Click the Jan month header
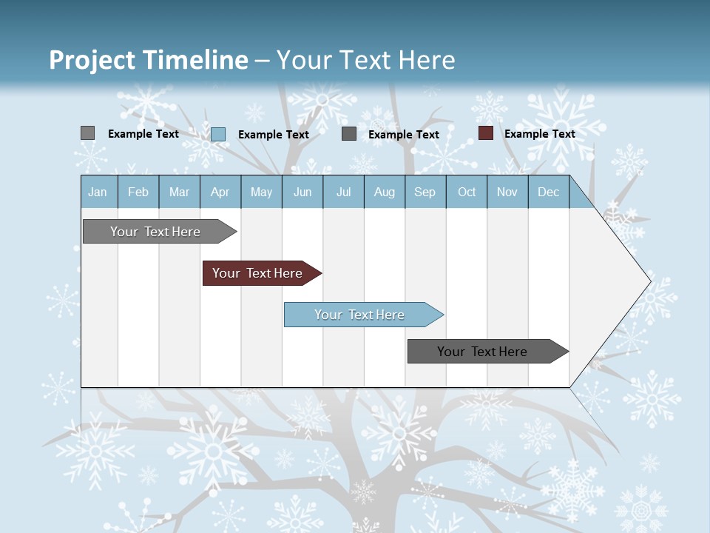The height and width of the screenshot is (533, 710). (x=98, y=192)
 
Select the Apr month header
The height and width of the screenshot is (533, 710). (x=220, y=192)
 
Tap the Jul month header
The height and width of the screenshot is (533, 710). (x=343, y=192)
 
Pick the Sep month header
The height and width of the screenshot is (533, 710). (x=425, y=192)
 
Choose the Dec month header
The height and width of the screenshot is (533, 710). (x=548, y=192)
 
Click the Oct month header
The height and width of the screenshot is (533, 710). (x=467, y=192)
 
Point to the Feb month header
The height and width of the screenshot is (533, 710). (x=138, y=192)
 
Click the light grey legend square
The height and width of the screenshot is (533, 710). (x=88, y=133)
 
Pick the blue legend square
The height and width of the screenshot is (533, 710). (x=218, y=134)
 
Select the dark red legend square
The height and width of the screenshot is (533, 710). (x=486, y=133)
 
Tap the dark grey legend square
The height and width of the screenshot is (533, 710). (x=349, y=134)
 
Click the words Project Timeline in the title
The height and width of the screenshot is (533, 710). (x=148, y=60)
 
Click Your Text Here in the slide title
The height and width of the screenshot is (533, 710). (x=365, y=60)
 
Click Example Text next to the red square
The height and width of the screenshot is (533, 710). (x=539, y=134)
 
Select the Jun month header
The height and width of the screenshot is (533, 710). (x=302, y=192)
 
